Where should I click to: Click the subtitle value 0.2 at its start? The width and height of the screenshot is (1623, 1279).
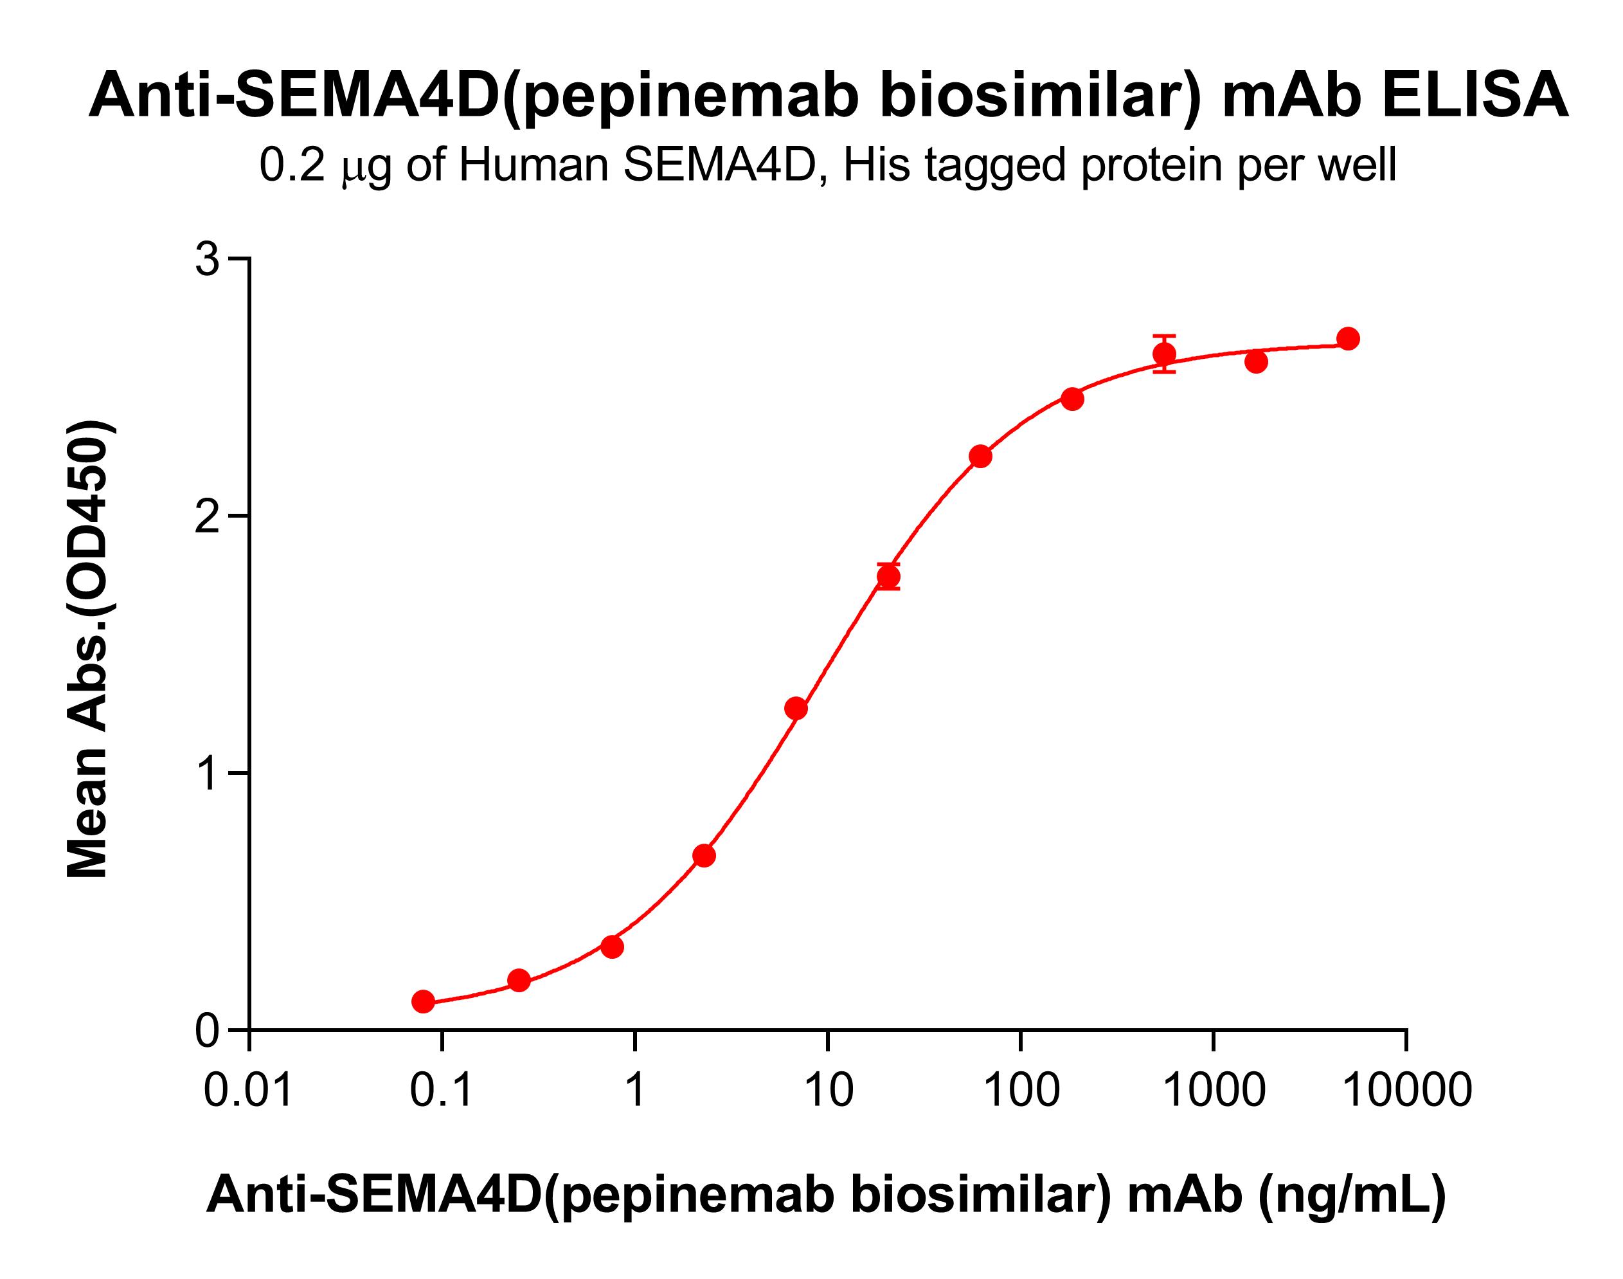(292, 165)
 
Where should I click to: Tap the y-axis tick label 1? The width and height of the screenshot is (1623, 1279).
(209, 774)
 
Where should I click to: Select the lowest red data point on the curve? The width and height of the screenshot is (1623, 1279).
(424, 1001)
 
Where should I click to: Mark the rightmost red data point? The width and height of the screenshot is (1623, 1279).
(1347, 338)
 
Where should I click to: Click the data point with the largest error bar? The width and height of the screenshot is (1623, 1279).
(1164, 354)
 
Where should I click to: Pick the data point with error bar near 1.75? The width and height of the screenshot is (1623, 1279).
(888, 577)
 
